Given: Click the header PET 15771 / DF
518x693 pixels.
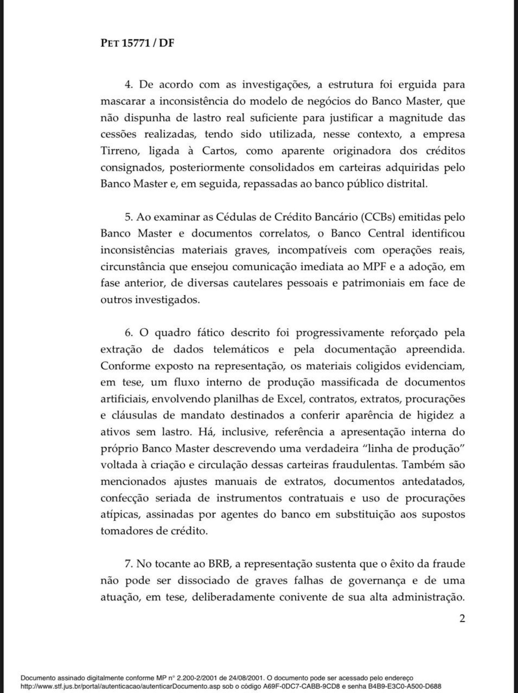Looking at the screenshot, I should tap(137, 43).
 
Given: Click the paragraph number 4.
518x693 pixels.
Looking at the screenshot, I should tap(128, 85).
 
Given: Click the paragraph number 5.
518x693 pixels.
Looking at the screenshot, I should tap(128, 217).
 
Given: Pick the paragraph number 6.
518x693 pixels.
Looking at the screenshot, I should tap(128, 333).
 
